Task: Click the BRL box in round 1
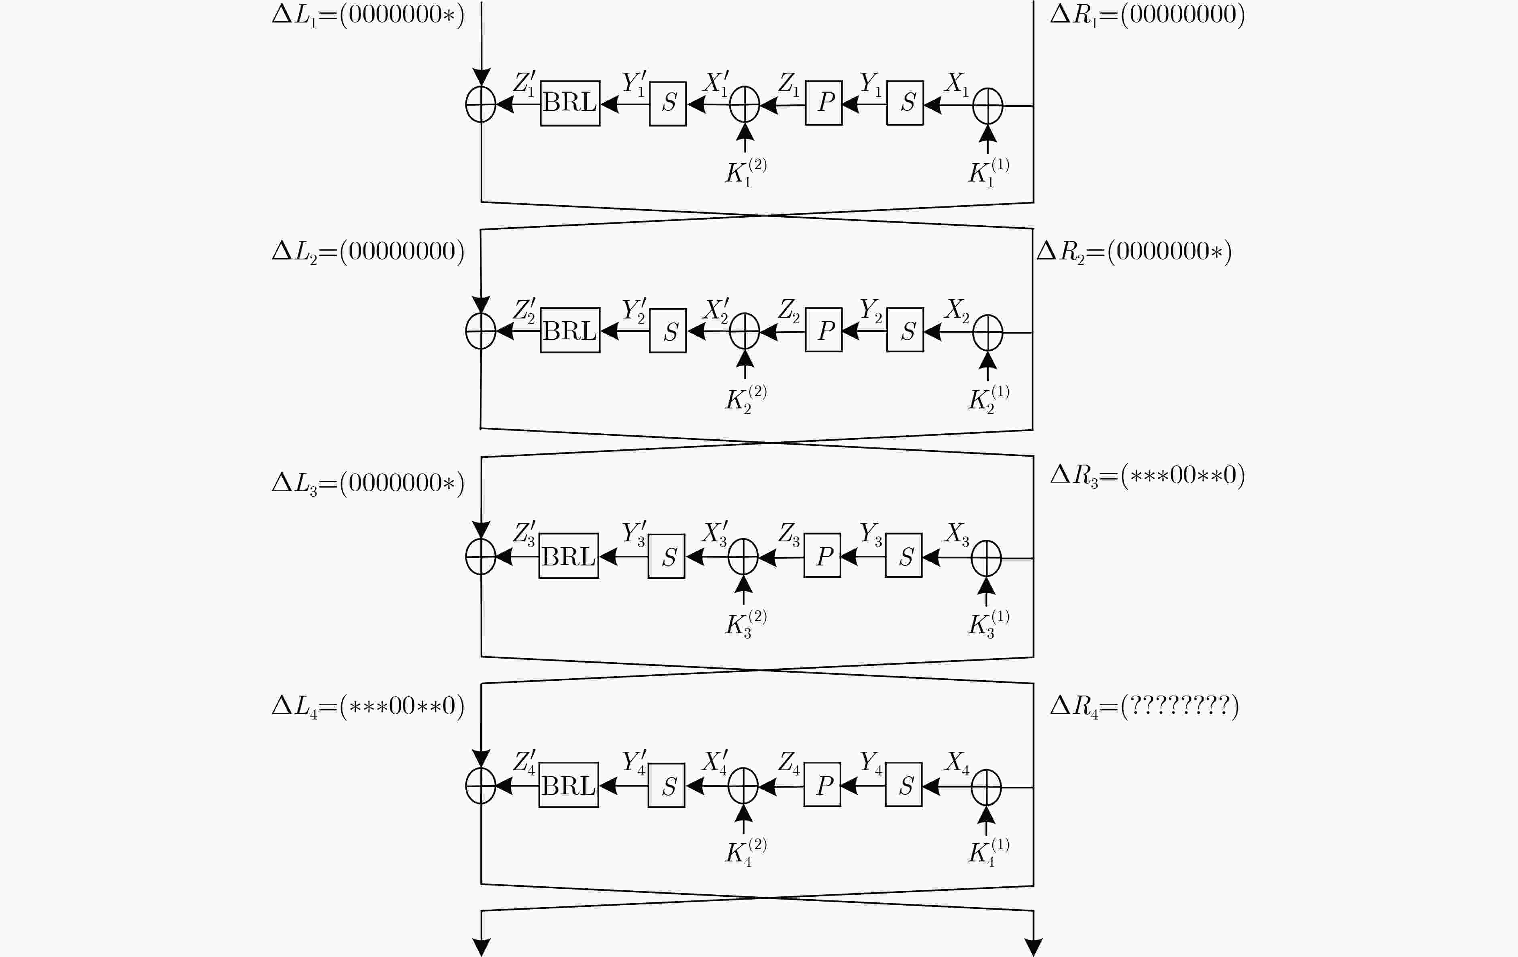coord(570,103)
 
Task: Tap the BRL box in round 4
coord(569,785)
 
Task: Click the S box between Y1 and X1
coord(905,103)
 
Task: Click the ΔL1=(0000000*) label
coord(368,14)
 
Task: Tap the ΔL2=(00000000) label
coord(368,251)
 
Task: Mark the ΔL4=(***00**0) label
coord(368,706)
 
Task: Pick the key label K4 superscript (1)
coord(988,852)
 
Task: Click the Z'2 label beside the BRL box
coord(524,310)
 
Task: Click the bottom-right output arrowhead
coord(1033,947)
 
